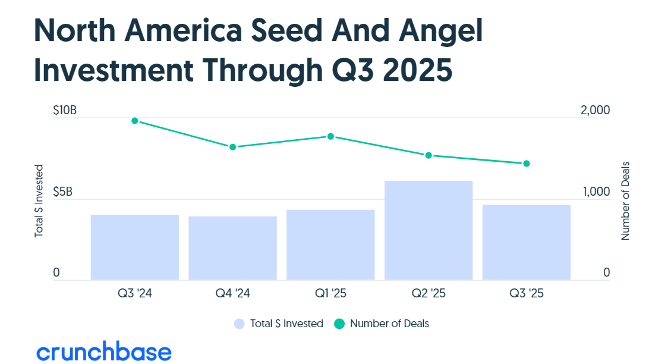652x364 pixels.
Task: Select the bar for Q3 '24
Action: pos(135,247)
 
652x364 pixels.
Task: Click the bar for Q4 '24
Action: pos(232,248)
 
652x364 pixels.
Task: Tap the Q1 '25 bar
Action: pos(330,244)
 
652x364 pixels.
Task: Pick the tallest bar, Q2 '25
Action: pos(429,230)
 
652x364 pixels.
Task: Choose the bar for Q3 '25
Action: pos(526,242)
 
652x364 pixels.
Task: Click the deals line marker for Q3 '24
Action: pos(135,121)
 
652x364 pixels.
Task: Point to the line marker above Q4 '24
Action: pos(233,147)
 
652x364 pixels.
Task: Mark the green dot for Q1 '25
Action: pos(331,136)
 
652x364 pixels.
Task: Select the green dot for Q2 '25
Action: pos(429,155)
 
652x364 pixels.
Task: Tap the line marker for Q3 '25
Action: pos(526,164)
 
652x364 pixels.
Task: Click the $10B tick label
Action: pos(65,111)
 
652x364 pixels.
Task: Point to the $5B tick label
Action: pos(62,192)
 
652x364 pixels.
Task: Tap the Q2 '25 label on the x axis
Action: pos(429,293)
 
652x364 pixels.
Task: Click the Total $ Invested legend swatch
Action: pos(239,324)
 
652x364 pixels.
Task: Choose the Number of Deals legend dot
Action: pos(339,324)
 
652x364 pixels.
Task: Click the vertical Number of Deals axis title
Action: pos(625,200)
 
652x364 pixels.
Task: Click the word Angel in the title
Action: pos(427,33)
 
